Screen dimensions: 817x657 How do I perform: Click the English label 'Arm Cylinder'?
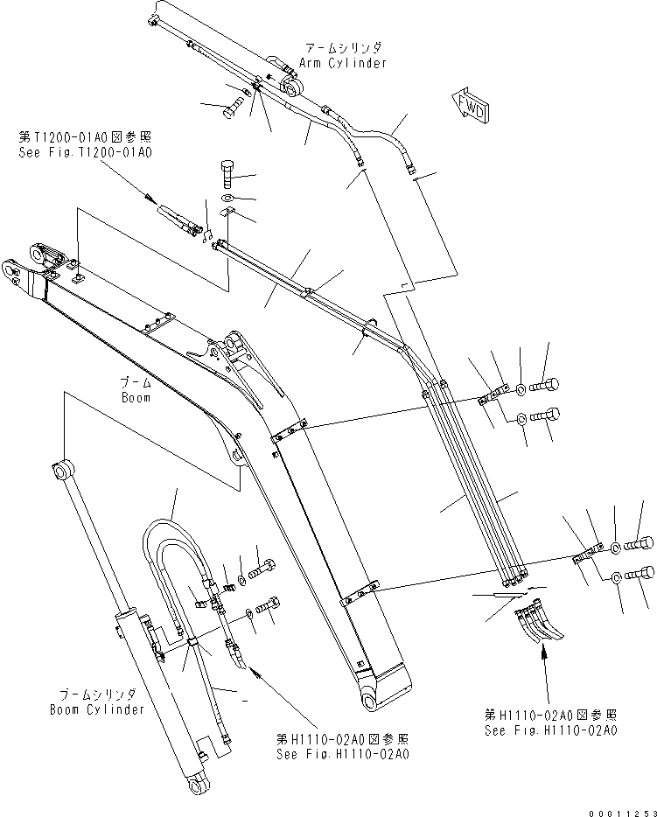[x=342, y=63]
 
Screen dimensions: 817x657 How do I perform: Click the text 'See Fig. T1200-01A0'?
[x=85, y=151]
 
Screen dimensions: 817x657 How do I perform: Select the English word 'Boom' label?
[x=135, y=397]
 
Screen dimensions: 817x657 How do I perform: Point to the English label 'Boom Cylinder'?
[x=97, y=709]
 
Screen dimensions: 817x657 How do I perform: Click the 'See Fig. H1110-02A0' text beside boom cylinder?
[x=342, y=753]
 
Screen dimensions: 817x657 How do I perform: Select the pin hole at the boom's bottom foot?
[x=368, y=702]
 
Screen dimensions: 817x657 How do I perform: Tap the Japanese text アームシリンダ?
[x=342, y=49]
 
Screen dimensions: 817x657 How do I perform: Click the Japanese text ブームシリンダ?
[x=97, y=695]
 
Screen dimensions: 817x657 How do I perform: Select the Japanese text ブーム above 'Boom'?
[x=135, y=383]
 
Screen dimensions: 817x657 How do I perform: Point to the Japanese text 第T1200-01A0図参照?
[x=85, y=137]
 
